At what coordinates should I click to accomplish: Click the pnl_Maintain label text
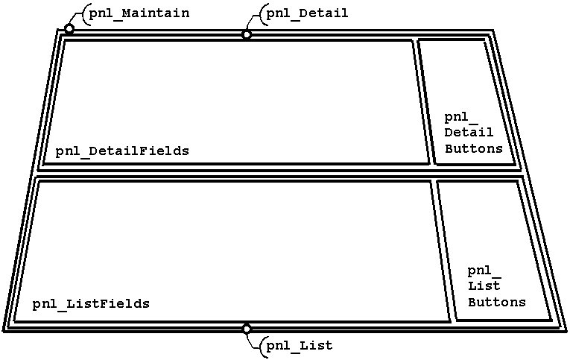[x=139, y=13]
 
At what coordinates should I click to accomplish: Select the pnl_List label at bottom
[x=300, y=346]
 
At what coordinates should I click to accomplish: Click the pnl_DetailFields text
[x=122, y=151]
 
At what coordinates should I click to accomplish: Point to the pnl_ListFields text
[x=91, y=304]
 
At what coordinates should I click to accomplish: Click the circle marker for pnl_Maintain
[x=69, y=29]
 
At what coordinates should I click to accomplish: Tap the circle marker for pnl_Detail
[x=247, y=34]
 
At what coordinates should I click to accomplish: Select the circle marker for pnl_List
[x=247, y=329]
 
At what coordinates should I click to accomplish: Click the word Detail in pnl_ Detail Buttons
[x=469, y=133]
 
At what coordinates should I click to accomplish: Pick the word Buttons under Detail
[x=474, y=148]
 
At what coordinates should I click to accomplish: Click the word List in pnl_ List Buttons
[x=484, y=286]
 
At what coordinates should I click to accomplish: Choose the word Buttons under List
[x=496, y=303]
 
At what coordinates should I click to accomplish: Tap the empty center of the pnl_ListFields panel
[x=231, y=246]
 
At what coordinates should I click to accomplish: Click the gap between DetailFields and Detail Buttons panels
[x=423, y=101]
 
